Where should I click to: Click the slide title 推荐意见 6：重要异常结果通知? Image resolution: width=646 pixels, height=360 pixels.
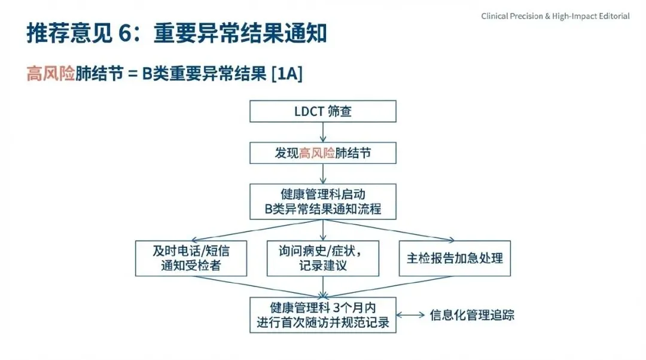pos(177,34)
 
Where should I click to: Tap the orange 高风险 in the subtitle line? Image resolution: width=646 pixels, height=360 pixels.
pos(50,74)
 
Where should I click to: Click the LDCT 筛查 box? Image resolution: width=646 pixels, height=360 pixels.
pos(323,112)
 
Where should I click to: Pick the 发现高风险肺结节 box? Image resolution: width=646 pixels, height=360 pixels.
pos(323,152)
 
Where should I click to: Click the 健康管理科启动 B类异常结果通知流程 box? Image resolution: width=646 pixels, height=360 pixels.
pos(323,202)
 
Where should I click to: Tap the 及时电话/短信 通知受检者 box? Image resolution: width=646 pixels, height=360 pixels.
pos(191,258)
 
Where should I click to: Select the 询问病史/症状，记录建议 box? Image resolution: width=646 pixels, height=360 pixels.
pos(323,258)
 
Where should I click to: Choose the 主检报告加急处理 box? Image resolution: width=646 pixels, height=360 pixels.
pos(455,258)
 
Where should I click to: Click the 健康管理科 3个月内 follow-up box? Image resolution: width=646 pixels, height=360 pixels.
pos(323,315)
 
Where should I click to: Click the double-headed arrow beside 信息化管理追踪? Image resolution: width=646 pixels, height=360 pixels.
pos(410,315)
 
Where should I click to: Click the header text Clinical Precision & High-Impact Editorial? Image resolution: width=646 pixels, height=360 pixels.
pos(555,16)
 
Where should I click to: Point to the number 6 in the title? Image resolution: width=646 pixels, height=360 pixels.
pos(124,34)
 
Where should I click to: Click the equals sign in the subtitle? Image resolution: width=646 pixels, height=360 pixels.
pos(133,75)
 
